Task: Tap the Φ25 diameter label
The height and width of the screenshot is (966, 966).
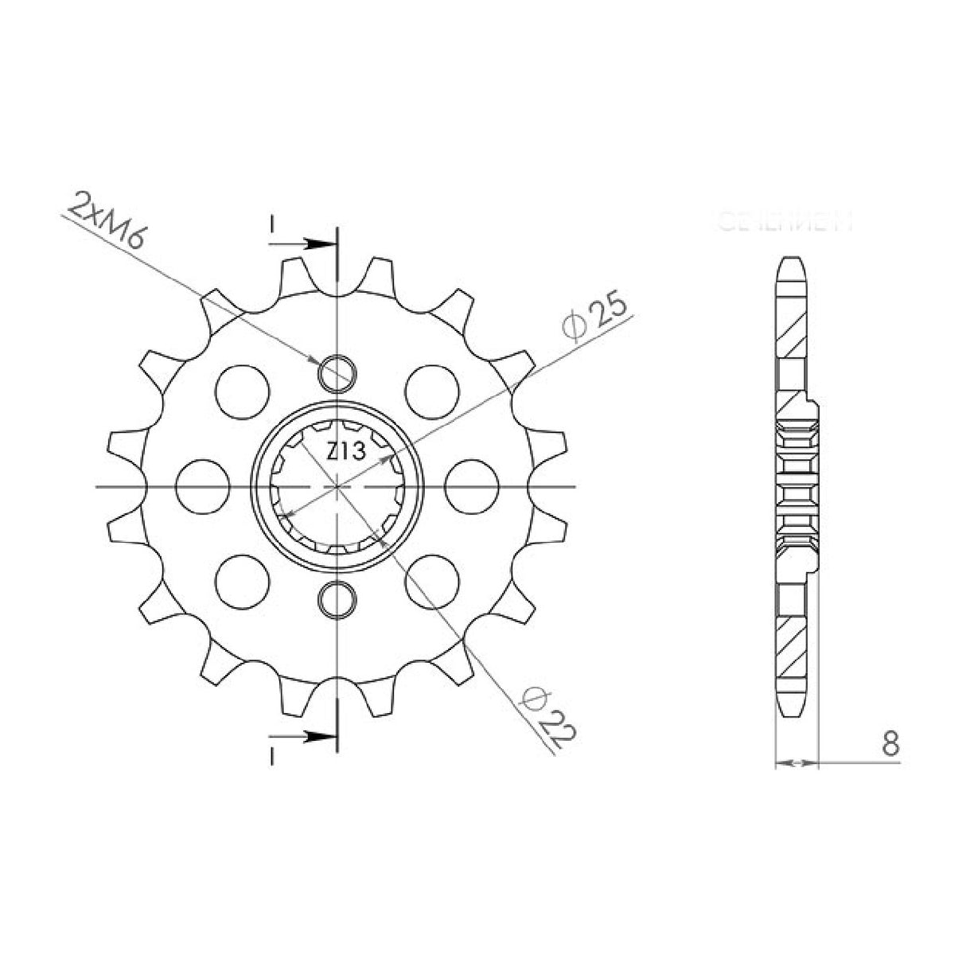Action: (594, 316)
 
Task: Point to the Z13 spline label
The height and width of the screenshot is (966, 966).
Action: (345, 452)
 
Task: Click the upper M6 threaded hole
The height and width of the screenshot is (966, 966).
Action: (337, 371)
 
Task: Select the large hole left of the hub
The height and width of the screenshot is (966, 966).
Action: (202, 485)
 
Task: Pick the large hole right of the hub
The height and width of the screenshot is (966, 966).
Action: (473, 485)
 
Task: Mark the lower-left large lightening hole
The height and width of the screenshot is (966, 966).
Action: (243, 580)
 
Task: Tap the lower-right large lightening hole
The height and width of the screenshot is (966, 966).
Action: (432, 580)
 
